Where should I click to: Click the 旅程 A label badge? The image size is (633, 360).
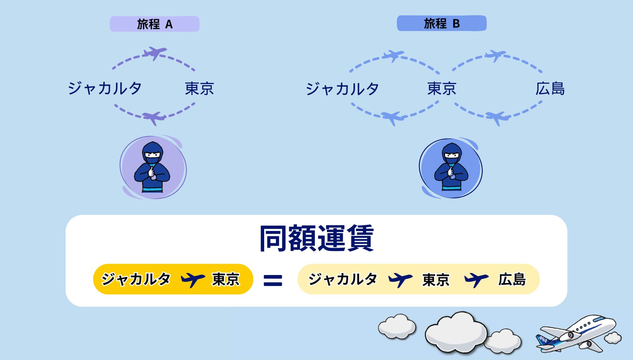click(x=155, y=24)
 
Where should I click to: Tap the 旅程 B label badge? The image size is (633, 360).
click(x=441, y=23)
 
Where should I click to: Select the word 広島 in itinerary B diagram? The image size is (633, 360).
click(x=550, y=89)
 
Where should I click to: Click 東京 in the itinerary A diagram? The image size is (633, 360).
click(x=199, y=88)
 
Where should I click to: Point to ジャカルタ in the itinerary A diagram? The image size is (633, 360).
click(x=105, y=88)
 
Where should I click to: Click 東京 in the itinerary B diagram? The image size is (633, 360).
click(x=442, y=88)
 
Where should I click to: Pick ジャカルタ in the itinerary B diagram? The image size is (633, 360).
click(x=342, y=89)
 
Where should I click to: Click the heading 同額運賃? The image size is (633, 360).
click(x=316, y=238)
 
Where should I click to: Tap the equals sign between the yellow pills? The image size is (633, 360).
click(x=273, y=280)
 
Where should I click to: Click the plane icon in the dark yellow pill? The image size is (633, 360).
click(x=193, y=279)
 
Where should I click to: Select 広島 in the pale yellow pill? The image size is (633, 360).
click(x=512, y=279)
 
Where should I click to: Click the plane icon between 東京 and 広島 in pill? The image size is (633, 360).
click(x=476, y=279)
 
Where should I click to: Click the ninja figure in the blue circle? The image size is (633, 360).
click(x=451, y=168)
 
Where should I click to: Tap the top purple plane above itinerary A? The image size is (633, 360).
click(x=154, y=53)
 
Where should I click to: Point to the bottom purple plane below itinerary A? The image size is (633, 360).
click(x=154, y=117)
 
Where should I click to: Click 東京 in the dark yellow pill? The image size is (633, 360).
click(x=226, y=279)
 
